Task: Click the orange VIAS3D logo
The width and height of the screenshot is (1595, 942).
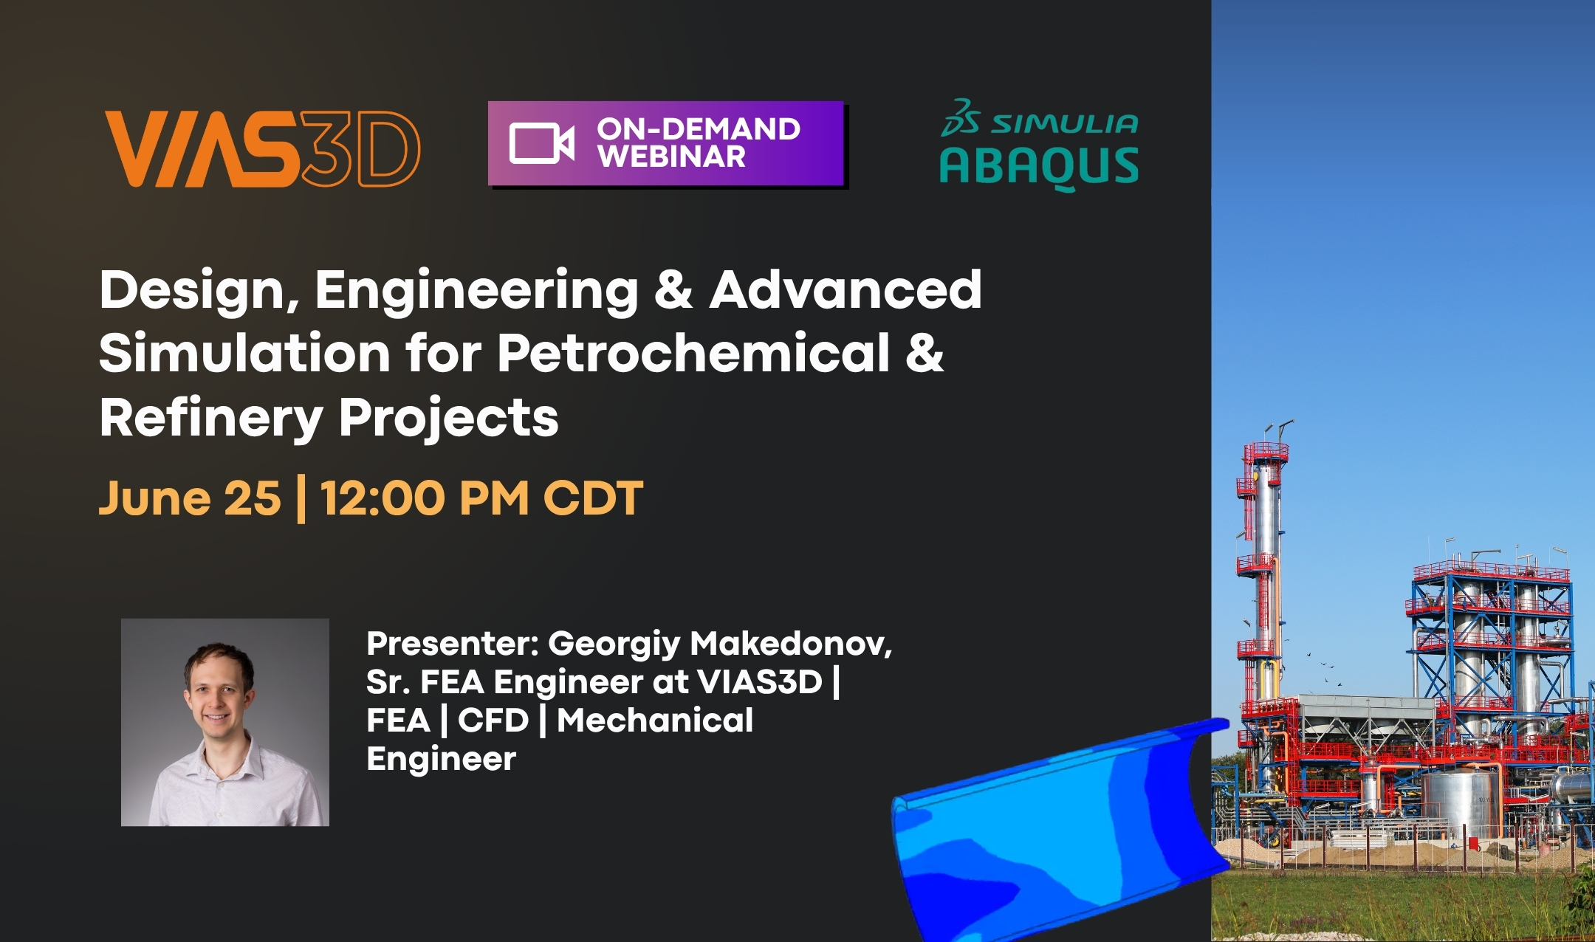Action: pyautogui.click(x=263, y=149)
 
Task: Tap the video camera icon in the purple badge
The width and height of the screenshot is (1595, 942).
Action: pyautogui.click(x=541, y=143)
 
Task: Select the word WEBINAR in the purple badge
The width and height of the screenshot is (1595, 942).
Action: pyautogui.click(x=671, y=157)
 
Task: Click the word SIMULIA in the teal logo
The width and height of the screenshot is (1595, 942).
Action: pyautogui.click(x=1064, y=123)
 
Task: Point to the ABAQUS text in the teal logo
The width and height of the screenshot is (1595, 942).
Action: pyautogui.click(x=1038, y=167)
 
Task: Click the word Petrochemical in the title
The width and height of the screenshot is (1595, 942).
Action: pyautogui.click(x=693, y=353)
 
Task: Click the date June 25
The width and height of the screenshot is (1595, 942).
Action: pyautogui.click(x=190, y=498)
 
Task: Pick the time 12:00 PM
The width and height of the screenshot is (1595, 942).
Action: pyautogui.click(x=425, y=498)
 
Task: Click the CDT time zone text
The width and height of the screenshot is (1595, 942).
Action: pyautogui.click(x=594, y=498)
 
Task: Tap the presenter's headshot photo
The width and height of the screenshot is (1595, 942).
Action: pyautogui.click(x=225, y=722)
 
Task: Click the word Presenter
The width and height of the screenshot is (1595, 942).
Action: pyautogui.click(x=453, y=644)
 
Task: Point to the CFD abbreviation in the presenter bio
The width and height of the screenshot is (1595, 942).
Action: pyautogui.click(x=493, y=721)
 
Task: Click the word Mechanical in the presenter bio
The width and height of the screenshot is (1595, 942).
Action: pyautogui.click(x=655, y=721)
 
